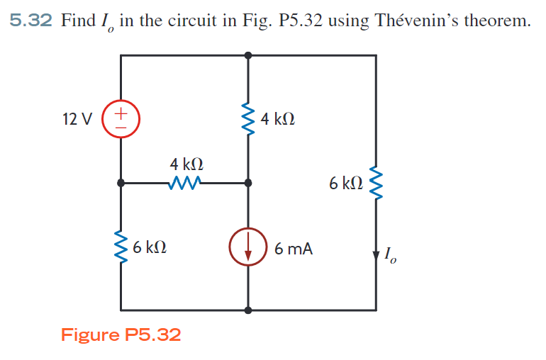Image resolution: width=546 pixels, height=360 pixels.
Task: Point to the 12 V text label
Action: click(77, 118)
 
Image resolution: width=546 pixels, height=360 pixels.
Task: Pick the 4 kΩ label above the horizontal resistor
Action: click(186, 164)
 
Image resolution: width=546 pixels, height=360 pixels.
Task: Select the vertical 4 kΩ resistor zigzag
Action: click(247, 118)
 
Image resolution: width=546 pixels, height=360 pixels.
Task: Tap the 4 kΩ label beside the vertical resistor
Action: click(278, 118)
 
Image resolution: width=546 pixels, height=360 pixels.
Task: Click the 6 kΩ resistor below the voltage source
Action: click(121, 247)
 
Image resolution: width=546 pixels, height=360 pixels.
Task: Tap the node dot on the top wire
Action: click(247, 55)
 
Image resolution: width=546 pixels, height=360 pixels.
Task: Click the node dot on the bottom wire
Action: click(247, 310)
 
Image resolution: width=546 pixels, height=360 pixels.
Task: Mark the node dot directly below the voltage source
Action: click(121, 183)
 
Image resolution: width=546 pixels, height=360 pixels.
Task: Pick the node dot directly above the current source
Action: click(247, 183)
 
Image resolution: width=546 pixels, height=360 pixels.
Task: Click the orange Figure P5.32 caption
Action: click(121, 334)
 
